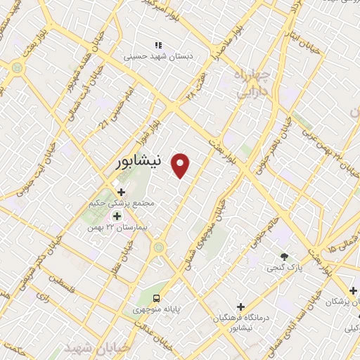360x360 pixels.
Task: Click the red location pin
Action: [x=181, y=165]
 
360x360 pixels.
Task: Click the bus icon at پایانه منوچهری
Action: [x=156, y=298]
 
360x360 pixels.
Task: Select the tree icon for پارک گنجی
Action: [x=284, y=257]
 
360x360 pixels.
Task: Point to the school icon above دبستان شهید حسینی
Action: [x=158, y=45]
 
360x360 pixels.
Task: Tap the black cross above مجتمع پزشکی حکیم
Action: [x=121, y=191]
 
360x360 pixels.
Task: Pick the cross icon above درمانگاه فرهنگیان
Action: [x=240, y=307]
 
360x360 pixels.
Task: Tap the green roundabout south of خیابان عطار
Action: [x=158, y=246]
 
